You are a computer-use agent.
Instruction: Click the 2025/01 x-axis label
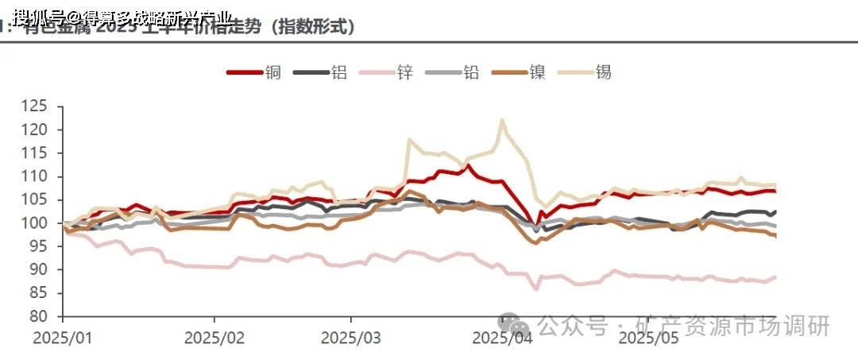pyautogui.click(x=63, y=338)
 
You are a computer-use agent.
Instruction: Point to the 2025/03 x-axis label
pyautogui.click(x=351, y=338)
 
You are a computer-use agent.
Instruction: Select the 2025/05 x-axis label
pyautogui.click(x=648, y=338)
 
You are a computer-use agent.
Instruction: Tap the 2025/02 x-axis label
pyautogui.click(x=214, y=338)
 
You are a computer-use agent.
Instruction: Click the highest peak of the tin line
pyautogui.click(x=502, y=120)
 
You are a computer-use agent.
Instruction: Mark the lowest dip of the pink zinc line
pyautogui.click(x=537, y=289)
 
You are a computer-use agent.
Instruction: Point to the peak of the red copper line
pyautogui.click(x=469, y=165)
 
